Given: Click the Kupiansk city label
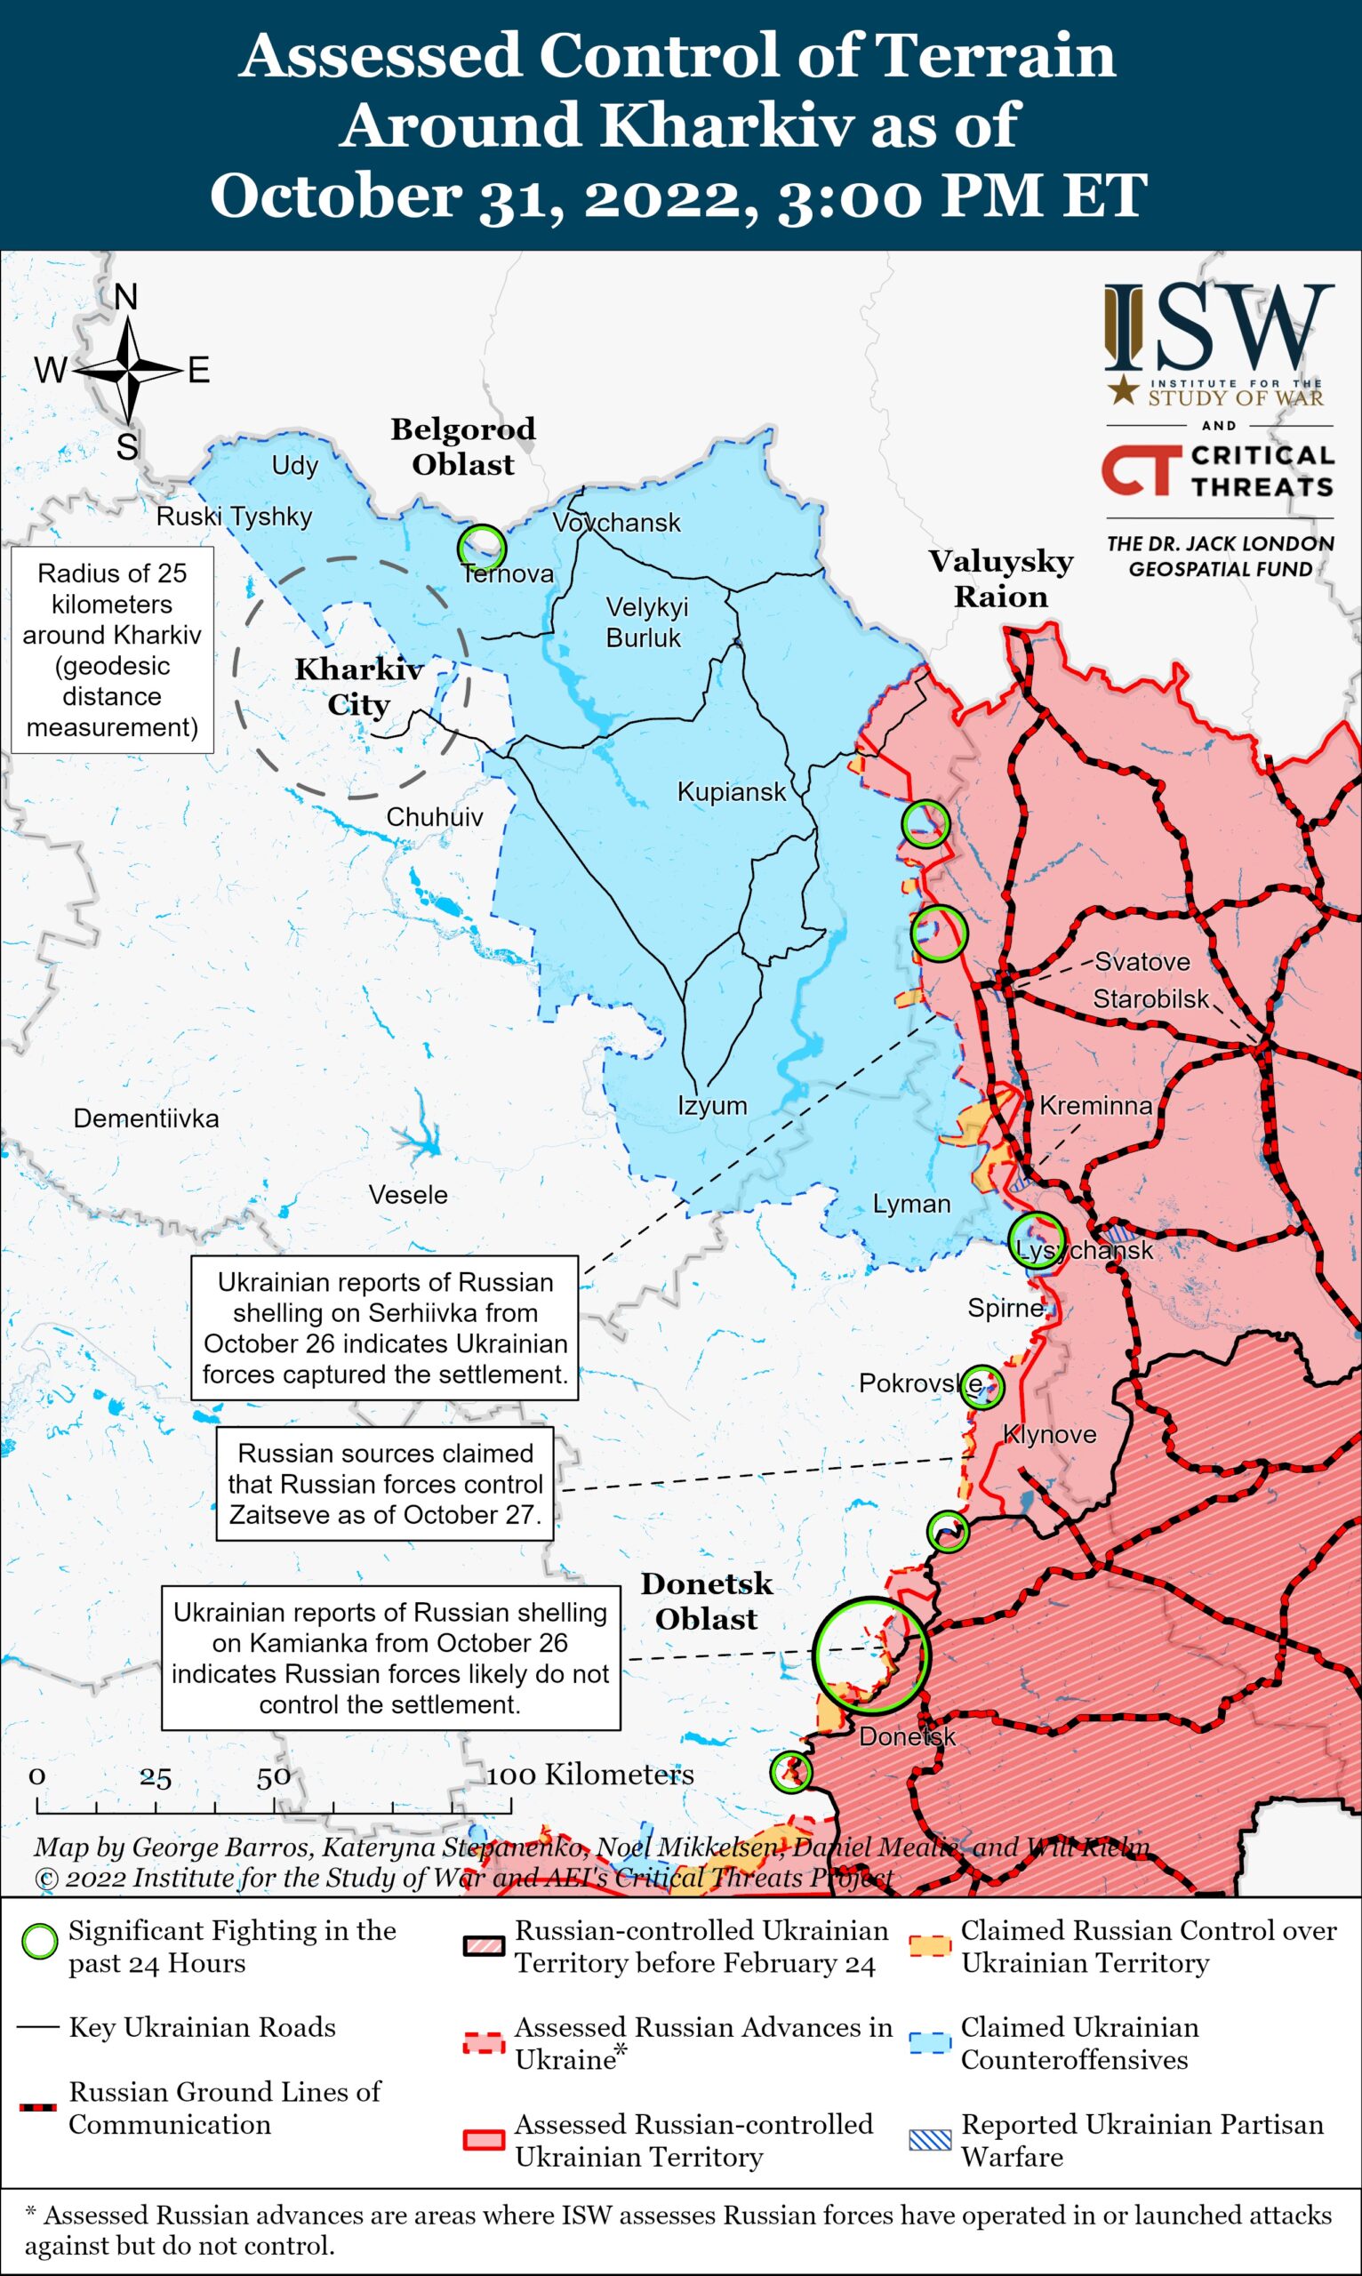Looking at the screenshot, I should click(x=731, y=792).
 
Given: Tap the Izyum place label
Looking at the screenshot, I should click(x=712, y=1106).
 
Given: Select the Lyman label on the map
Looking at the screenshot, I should click(x=910, y=1204).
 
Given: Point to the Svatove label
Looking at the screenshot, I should click(x=1142, y=962).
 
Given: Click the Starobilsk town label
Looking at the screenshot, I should click(x=1150, y=998).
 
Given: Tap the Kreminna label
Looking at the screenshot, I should click(x=1095, y=1106).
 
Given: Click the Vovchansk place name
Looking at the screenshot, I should click(x=616, y=523).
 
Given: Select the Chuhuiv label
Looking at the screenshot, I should click(x=434, y=818).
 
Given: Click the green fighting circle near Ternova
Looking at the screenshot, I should click(x=482, y=548).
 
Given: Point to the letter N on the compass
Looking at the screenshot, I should click(x=125, y=297).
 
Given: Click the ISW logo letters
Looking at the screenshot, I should click(x=1218, y=328).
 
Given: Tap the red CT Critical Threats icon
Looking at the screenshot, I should click(x=1138, y=470).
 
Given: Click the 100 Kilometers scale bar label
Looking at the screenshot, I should click(x=589, y=1775).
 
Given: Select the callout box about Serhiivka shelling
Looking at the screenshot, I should click(x=385, y=1328).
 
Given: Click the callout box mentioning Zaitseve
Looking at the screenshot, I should click(x=386, y=1484).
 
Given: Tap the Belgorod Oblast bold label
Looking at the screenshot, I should click(x=462, y=447).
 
